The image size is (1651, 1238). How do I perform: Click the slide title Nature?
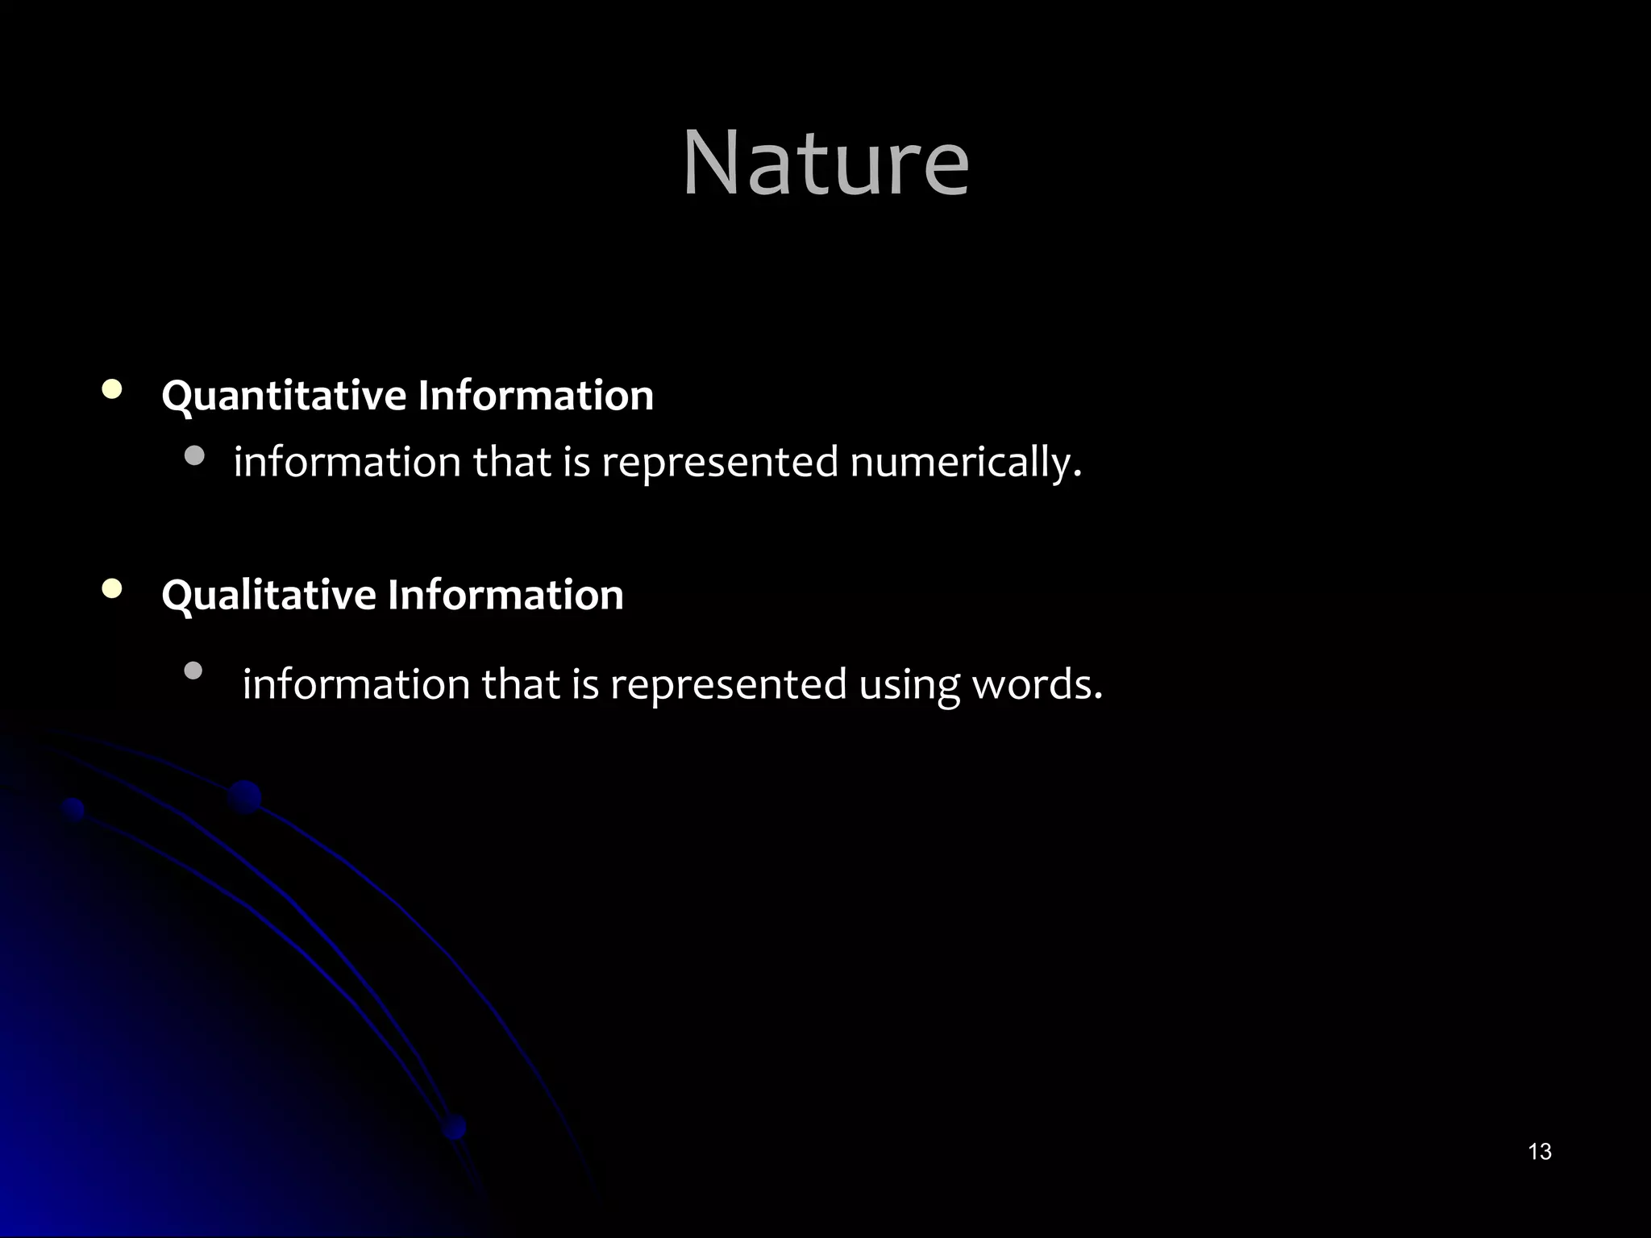coord(825,164)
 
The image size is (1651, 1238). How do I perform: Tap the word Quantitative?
coord(284,397)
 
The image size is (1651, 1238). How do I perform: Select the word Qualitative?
coord(268,596)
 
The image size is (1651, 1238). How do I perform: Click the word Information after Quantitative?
coord(535,395)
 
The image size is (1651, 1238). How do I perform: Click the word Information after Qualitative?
coord(505,595)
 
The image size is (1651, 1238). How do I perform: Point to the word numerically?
coord(965,463)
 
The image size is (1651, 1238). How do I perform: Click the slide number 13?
coord(1540,1152)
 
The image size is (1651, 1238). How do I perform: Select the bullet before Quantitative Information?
coord(113,391)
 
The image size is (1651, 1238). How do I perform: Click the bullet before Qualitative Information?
coord(113,590)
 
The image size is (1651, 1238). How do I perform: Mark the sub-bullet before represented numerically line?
coord(194,457)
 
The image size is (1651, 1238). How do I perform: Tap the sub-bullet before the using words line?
coord(193,671)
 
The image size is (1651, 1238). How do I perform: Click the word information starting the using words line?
coord(356,684)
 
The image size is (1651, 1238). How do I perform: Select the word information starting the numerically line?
coord(347,463)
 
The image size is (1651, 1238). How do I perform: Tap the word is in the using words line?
coord(585,684)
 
